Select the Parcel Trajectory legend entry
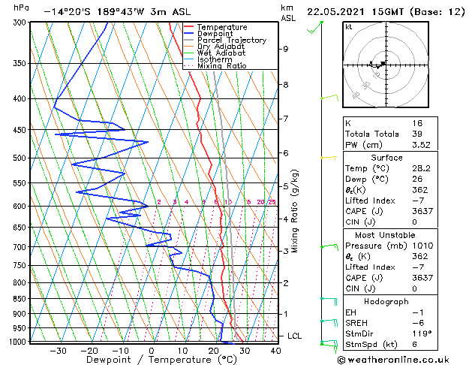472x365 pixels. pyautogui.click(x=231, y=41)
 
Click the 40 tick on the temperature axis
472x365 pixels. pyautogui.click(x=275, y=350)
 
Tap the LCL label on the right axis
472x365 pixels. pyautogui.click(x=293, y=336)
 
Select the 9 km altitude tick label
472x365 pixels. pyautogui.click(x=285, y=49)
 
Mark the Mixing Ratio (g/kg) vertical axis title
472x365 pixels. pyautogui.click(x=296, y=210)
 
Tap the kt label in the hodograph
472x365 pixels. pyautogui.click(x=348, y=26)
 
